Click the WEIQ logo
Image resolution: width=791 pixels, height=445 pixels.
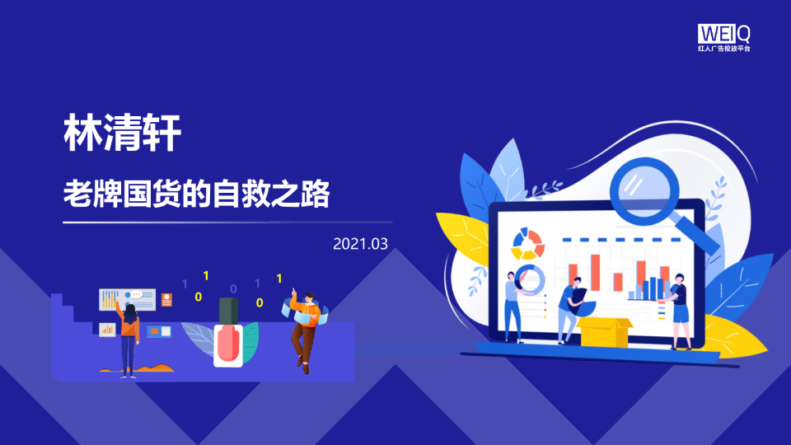(724, 34)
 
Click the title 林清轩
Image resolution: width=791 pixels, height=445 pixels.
(122, 133)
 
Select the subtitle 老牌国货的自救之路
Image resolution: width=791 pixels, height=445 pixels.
(197, 194)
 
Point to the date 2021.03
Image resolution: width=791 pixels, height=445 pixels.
(360, 244)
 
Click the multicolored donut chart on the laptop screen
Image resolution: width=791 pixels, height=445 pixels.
(528, 243)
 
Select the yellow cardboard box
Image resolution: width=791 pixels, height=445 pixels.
(604, 331)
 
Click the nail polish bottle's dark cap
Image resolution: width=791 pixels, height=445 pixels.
(228, 311)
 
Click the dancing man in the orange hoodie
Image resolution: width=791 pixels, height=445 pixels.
(304, 326)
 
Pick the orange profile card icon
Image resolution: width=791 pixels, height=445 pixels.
(167, 299)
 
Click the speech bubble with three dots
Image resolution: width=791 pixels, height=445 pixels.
(136, 294)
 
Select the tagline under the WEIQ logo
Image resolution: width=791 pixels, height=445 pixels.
(724, 49)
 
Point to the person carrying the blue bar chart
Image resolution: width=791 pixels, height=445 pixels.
(677, 309)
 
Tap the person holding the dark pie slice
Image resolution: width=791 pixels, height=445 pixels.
(568, 309)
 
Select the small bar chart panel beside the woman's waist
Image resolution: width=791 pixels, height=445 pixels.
(107, 330)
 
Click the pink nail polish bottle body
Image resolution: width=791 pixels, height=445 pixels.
(228, 344)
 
